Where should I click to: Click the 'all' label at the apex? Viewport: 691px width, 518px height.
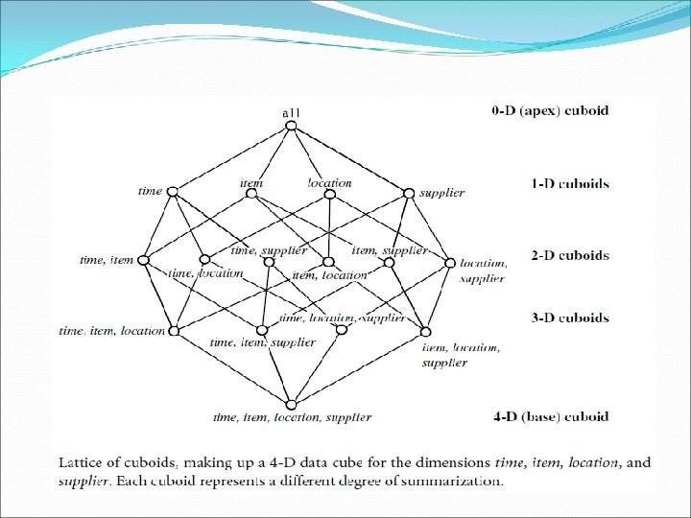pos(291,113)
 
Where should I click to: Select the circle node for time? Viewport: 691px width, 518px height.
pos(173,191)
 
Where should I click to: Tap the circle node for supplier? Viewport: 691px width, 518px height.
pos(410,193)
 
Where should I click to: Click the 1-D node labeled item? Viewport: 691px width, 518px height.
pos(251,193)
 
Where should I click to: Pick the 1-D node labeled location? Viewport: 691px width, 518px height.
pos(328,193)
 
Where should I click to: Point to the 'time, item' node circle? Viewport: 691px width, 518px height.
pos(143,260)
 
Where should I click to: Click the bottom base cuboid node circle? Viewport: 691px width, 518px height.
pos(291,403)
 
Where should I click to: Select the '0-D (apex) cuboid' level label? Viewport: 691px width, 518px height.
pos(550,110)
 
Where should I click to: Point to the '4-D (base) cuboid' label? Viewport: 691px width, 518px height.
pos(550,417)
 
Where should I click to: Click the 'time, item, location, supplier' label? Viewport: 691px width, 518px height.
pos(292,417)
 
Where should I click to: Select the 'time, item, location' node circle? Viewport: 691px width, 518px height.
pos(174,331)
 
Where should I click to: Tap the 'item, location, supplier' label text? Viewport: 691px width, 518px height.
pos(461,355)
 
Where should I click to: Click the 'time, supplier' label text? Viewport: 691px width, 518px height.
pos(270,249)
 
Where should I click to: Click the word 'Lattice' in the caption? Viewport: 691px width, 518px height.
pos(83,462)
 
